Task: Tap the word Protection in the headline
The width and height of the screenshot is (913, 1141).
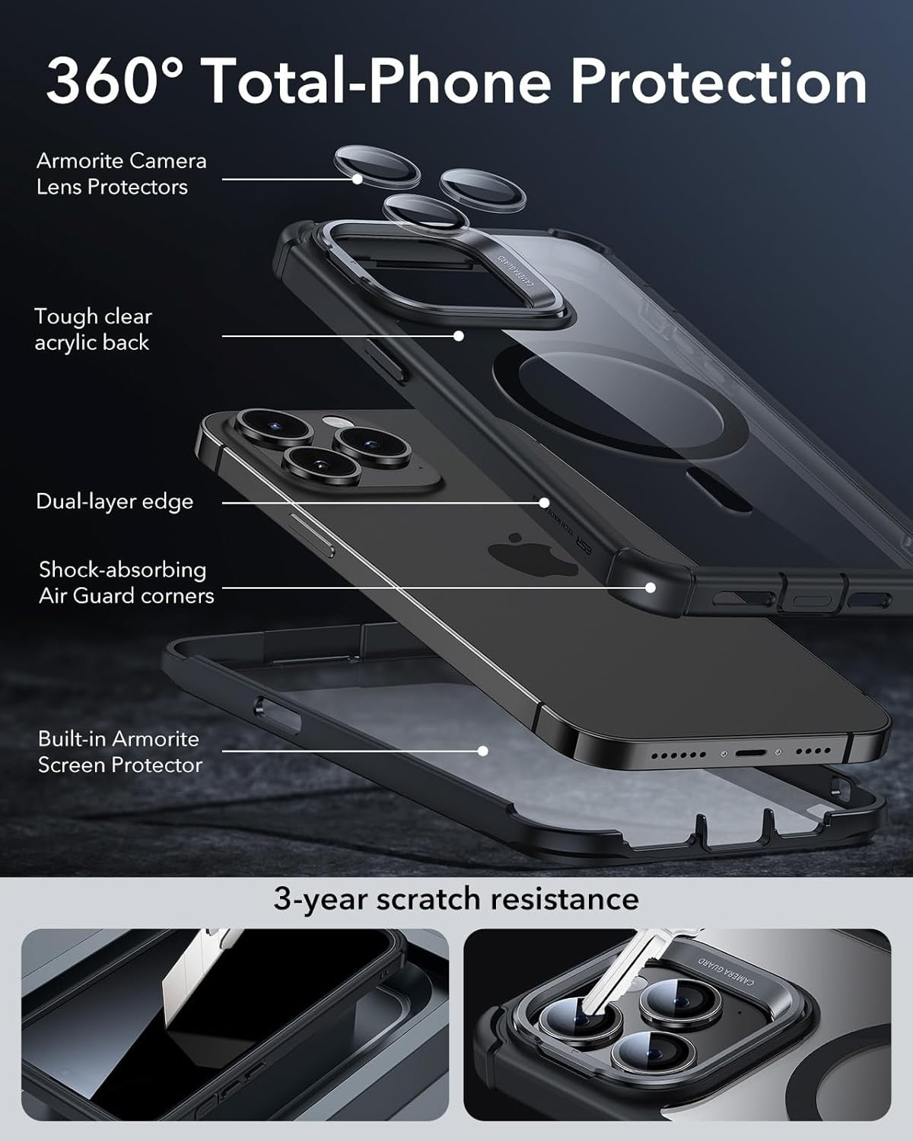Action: (x=718, y=81)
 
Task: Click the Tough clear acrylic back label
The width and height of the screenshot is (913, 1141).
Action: (x=93, y=329)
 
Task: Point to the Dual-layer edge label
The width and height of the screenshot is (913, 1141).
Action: (x=114, y=501)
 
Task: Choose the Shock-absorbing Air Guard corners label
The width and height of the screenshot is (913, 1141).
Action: (x=126, y=583)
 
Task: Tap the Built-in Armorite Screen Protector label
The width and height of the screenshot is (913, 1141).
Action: (x=119, y=752)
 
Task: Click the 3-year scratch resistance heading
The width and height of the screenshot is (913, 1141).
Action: (x=456, y=898)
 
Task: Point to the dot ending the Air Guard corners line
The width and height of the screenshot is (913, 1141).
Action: (x=651, y=587)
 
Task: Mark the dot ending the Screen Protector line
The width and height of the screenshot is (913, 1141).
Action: (x=482, y=751)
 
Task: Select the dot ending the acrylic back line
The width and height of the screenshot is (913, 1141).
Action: (x=458, y=335)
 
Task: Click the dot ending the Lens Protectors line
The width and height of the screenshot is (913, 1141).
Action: (x=357, y=180)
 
